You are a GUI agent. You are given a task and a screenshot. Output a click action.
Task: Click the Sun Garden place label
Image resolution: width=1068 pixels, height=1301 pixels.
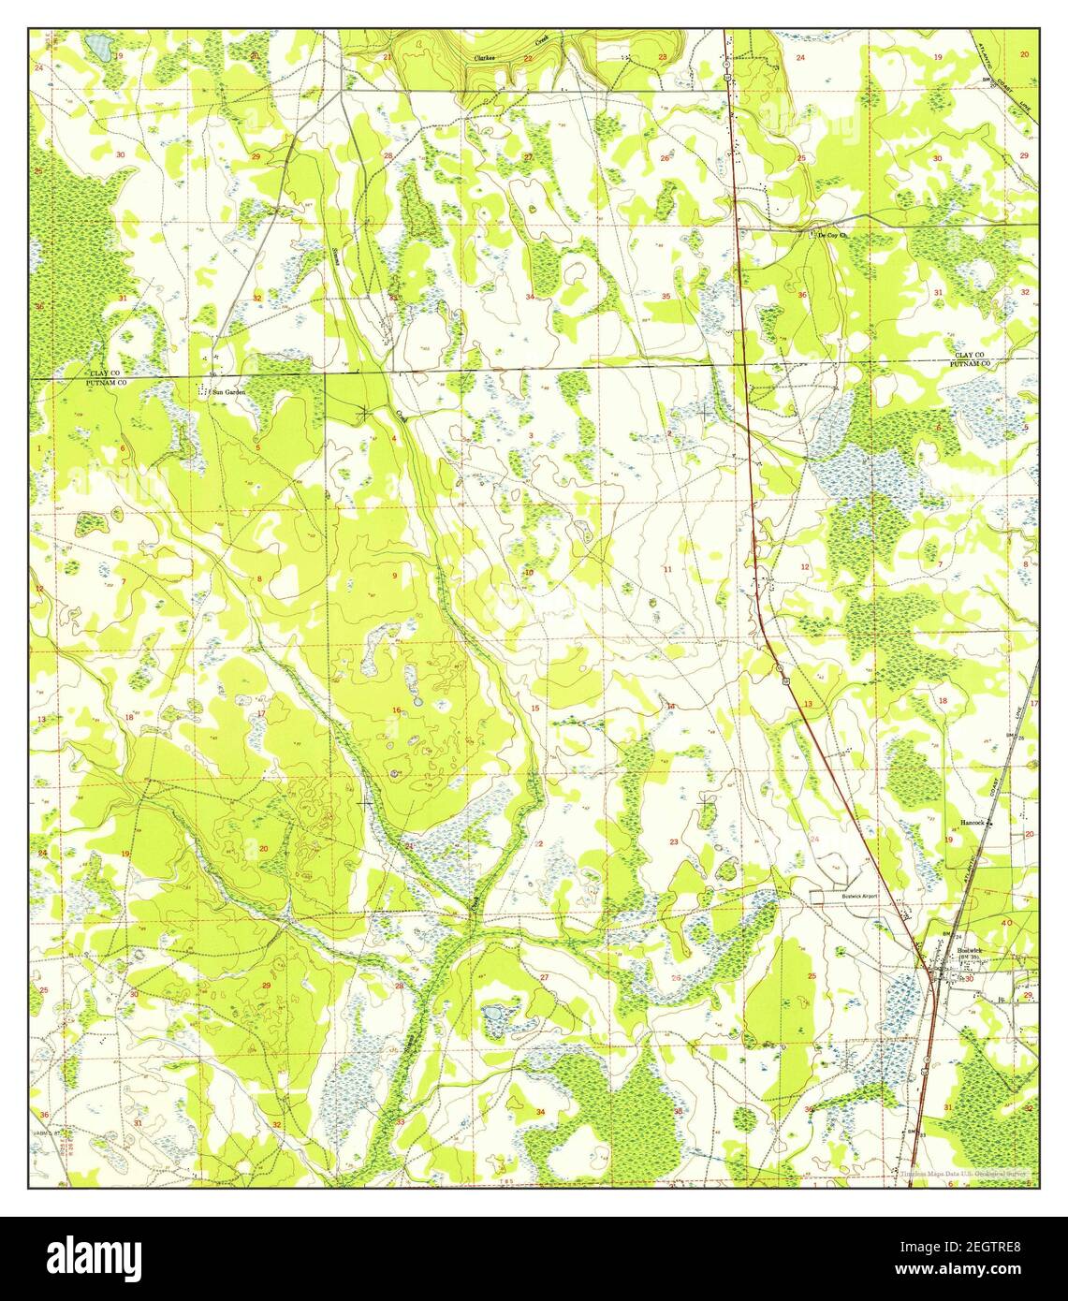coord(228,392)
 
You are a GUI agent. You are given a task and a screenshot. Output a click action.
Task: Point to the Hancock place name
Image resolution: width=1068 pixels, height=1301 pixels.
coord(973,823)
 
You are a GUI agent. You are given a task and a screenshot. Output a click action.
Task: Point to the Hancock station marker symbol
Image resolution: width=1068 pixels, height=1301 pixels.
coord(990,823)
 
